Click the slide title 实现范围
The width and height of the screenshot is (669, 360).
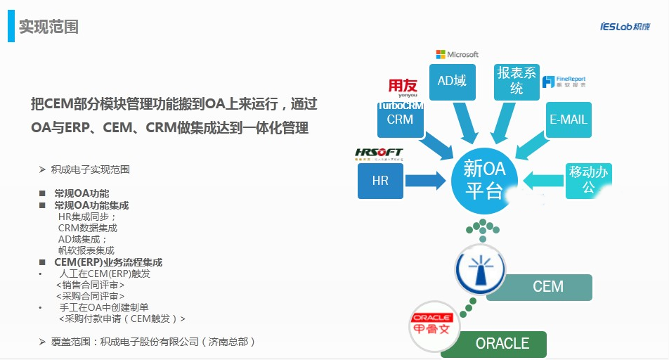click(48, 27)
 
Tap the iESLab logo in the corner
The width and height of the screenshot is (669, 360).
click(625, 27)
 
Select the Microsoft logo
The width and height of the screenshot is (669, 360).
click(457, 54)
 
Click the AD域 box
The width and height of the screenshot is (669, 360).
click(452, 81)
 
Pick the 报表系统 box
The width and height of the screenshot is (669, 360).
click(517, 81)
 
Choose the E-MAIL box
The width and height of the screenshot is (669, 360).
click(569, 120)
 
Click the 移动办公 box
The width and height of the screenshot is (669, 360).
click(588, 179)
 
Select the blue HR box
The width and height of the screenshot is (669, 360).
click(380, 181)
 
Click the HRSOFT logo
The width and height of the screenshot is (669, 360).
click(379, 153)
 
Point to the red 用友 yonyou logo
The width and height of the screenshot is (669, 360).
click(403, 87)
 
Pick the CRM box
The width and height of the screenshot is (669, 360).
click(400, 120)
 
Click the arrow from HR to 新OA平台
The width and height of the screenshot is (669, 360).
click(426, 181)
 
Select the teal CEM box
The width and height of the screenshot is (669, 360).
click(547, 287)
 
